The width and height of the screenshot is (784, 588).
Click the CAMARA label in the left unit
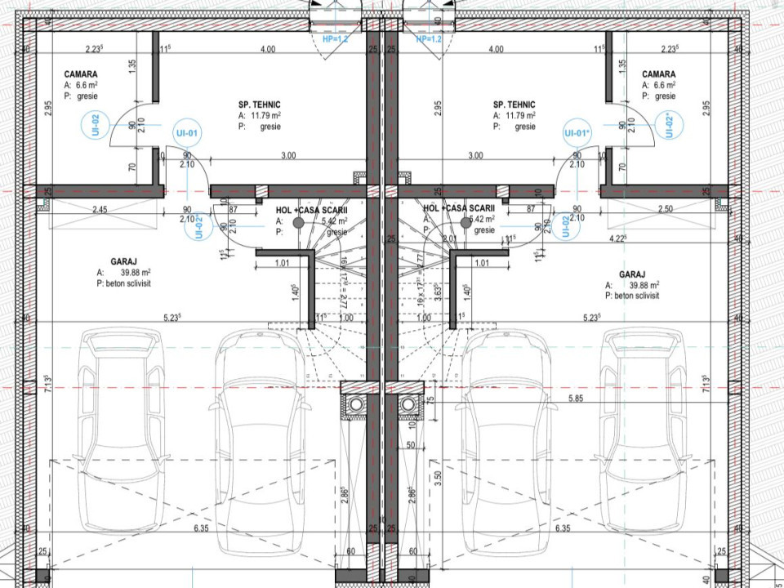[x=80, y=74]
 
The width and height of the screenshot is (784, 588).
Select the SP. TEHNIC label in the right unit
[x=514, y=105]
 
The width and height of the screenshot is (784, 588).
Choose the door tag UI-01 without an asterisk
[x=186, y=133]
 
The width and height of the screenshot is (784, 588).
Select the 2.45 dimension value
[x=100, y=210]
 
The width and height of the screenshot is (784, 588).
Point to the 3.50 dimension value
[x=438, y=478]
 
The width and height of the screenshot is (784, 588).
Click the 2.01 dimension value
[x=449, y=239]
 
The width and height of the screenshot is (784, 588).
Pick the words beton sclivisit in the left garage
[x=129, y=283]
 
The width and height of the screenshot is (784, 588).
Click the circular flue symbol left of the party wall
[x=356, y=403]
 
